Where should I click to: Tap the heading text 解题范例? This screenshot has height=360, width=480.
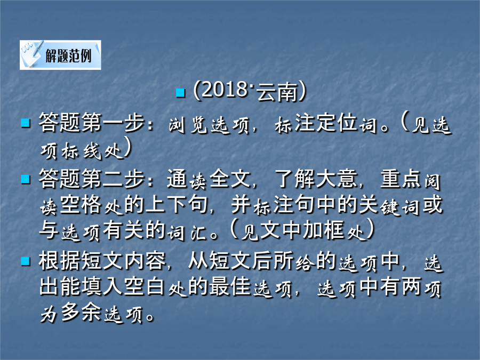point(69,55)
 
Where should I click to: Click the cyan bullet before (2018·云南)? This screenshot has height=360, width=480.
point(181,93)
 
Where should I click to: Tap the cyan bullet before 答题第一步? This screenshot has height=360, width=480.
point(26,123)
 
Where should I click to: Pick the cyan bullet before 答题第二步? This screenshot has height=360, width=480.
point(26,179)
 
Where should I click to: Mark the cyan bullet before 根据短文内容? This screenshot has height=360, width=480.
point(26,261)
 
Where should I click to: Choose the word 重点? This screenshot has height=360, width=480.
point(401,179)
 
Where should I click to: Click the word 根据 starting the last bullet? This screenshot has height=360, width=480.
point(59,261)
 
